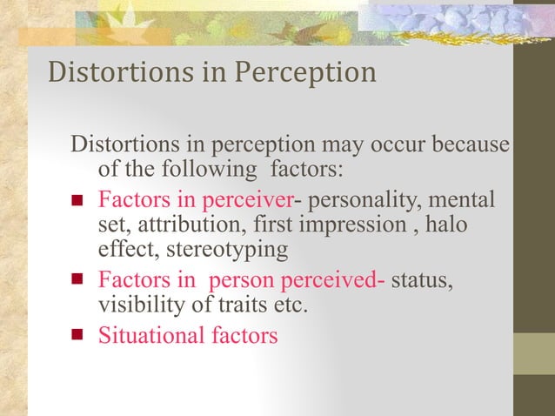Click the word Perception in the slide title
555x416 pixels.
tap(305, 73)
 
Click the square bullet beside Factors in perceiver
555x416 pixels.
tap(77, 202)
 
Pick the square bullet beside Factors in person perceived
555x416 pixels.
tap(77, 281)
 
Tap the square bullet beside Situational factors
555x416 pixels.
tap(77, 334)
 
